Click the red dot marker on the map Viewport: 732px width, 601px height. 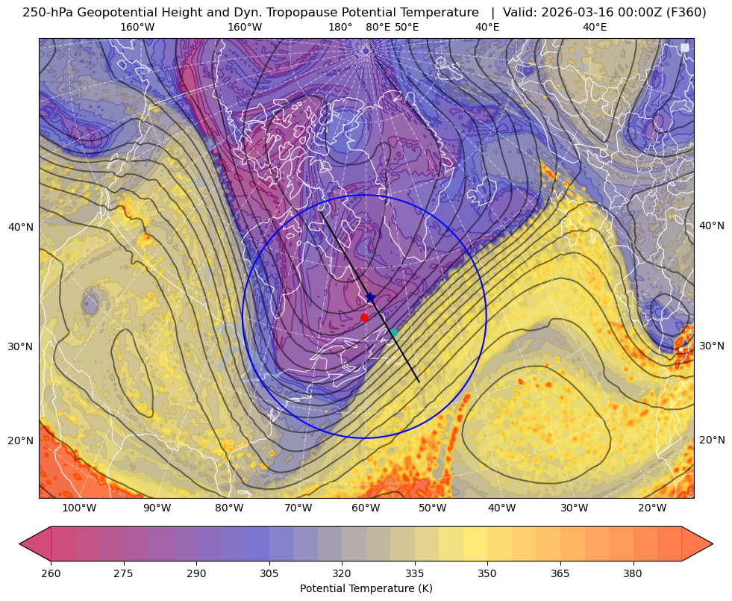coord(364,317)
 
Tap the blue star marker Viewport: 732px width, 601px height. coord(371,297)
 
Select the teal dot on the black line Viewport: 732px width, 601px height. coord(393,332)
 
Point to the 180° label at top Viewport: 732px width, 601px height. coord(340,27)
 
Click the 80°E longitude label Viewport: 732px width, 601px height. coord(378,27)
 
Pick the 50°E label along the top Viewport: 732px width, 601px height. coord(407,27)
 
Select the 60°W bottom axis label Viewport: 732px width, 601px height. coord(366,508)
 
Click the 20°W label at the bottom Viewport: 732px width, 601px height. coord(652,508)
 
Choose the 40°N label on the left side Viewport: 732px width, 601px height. coord(21,227)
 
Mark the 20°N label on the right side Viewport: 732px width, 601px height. coord(712,440)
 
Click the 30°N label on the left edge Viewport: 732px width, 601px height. coord(21,346)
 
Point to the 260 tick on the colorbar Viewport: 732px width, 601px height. coord(51,573)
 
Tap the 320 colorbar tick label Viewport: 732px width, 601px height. coord(342,573)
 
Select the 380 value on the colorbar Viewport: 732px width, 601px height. coord(633,573)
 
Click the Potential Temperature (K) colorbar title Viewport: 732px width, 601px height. coord(366,588)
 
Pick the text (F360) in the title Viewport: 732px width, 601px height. coord(686,13)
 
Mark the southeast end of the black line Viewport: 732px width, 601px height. coord(419,382)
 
